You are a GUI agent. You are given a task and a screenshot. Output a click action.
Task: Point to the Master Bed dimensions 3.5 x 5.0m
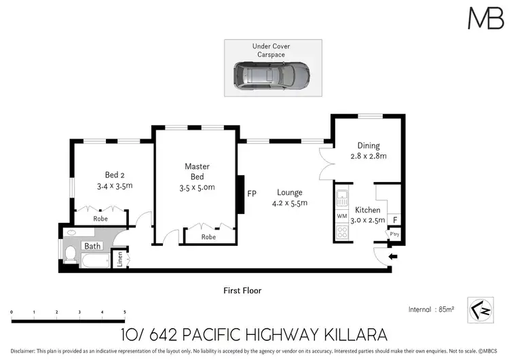(x=197, y=188)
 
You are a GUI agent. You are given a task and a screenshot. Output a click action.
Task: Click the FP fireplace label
(x=252, y=194)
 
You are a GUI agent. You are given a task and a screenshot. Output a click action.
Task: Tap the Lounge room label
(x=290, y=192)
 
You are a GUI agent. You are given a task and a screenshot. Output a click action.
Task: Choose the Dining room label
(x=369, y=145)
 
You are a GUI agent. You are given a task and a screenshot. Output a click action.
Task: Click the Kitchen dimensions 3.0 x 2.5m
(x=367, y=219)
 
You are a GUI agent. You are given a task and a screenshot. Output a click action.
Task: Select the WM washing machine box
(x=341, y=216)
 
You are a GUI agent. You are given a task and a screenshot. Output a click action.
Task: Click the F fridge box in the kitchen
(x=395, y=219)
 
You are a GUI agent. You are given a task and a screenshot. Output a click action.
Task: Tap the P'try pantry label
(x=394, y=234)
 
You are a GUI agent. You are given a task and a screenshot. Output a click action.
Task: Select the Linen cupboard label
(x=119, y=259)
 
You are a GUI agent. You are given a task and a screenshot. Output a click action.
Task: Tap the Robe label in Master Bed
(x=209, y=237)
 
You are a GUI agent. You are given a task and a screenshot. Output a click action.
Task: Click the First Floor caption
(x=242, y=291)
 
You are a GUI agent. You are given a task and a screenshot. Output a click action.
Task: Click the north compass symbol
(x=479, y=308)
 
